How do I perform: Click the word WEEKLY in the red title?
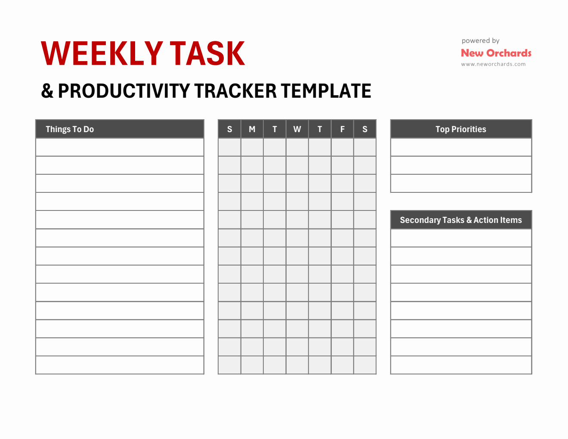coord(102,54)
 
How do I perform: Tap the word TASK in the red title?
coord(207,54)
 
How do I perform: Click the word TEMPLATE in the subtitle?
coord(326,91)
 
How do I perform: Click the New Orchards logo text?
coord(496,53)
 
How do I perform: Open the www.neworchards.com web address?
coord(493,64)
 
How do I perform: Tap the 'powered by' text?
coord(480,41)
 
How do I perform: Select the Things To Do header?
coord(70,129)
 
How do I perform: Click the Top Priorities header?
coord(461,129)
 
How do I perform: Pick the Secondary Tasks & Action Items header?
coord(461,220)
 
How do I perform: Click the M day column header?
coord(252,129)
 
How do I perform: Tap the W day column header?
coord(297,129)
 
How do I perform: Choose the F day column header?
coord(343,129)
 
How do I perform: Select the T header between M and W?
coord(275,129)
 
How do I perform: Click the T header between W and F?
coord(320,129)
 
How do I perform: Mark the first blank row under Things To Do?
coord(120,147)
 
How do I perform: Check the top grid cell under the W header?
coord(297,147)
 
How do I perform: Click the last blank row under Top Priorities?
coord(461,183)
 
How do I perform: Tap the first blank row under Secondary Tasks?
coord(461,238)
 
